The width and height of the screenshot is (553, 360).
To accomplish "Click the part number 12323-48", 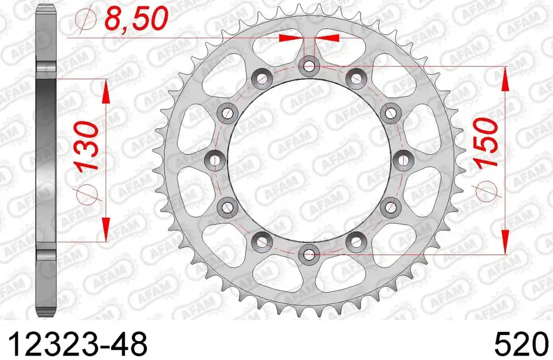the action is [x=77, y=344].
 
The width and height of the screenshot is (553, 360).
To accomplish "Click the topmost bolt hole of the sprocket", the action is [x=309, y=66].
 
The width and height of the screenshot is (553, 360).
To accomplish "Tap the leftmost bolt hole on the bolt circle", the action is [x=215, y=160].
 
